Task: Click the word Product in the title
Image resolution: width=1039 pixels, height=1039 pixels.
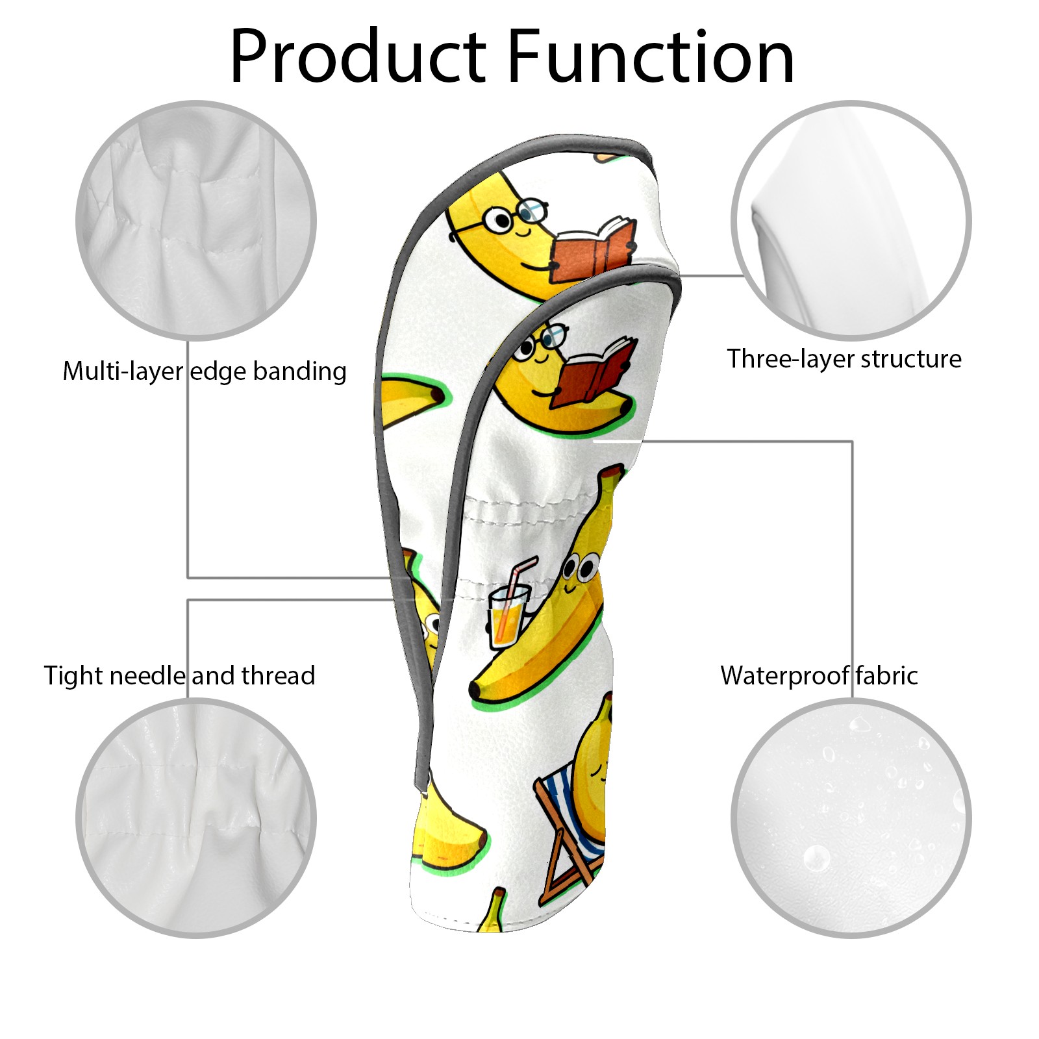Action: tap(358, 57)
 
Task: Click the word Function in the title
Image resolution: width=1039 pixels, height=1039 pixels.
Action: tap(651, 57)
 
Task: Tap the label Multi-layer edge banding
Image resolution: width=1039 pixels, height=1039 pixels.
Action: tap(205, 371)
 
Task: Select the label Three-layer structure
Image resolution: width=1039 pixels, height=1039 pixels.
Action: tap(844, 358)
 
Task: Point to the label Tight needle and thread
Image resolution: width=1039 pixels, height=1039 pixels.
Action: tap(179, 675)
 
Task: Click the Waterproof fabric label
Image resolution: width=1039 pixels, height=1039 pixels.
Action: tap(819, 675)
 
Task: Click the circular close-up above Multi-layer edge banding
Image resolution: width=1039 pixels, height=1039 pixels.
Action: tap(196, 220)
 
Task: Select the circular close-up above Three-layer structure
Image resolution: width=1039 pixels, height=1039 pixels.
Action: tap(851, 220)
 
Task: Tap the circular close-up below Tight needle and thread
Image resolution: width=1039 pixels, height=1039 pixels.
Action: tap(196, 818)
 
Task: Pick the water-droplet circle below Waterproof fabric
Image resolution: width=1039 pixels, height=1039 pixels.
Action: tap(851, 818)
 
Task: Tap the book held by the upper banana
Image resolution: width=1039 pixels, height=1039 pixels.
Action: tap(592, 251)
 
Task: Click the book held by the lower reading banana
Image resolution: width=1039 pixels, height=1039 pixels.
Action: tap(596, 373)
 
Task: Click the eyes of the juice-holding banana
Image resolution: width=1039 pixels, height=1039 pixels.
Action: tap(580, 568)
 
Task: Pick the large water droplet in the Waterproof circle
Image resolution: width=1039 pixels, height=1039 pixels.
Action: tap(816, 858)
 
